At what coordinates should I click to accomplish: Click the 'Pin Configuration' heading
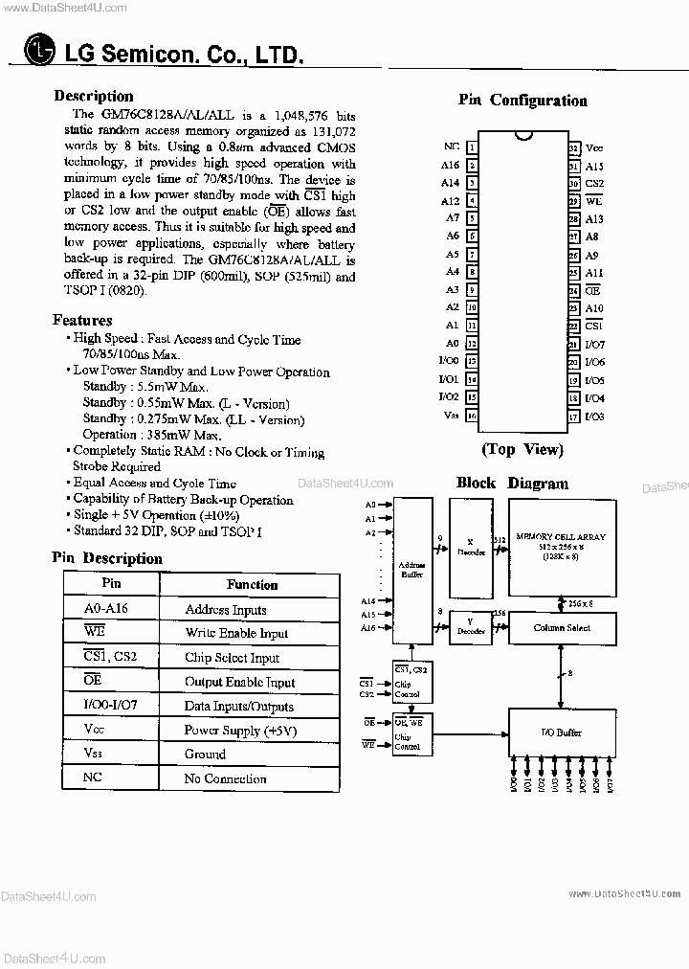coord(522,101)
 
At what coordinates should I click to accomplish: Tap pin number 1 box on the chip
coord(472,147)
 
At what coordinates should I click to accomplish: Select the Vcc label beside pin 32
coord(594,148)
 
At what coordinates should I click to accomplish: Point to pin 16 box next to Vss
coord(472,416)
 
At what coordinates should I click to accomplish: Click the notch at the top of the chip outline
coord(522,135)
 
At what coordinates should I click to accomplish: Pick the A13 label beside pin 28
coord(593,219)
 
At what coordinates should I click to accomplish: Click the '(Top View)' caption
coord(522,449)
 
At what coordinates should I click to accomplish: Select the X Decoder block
coord(469,546)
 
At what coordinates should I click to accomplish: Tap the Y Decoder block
coord(469,626)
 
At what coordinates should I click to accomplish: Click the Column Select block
coord(562,628)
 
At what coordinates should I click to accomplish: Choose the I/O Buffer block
coord(562,732)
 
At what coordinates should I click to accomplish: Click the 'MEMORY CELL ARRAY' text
coord(561,536)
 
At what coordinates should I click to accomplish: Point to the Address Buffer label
coord(411,572)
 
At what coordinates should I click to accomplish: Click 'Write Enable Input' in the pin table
coord(236,634)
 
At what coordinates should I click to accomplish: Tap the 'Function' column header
coord(252,584)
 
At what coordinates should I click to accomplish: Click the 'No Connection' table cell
coord(225,778)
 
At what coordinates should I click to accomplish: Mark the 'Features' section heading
coord(82,321)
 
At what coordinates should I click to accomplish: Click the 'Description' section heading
coord(94,96)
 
